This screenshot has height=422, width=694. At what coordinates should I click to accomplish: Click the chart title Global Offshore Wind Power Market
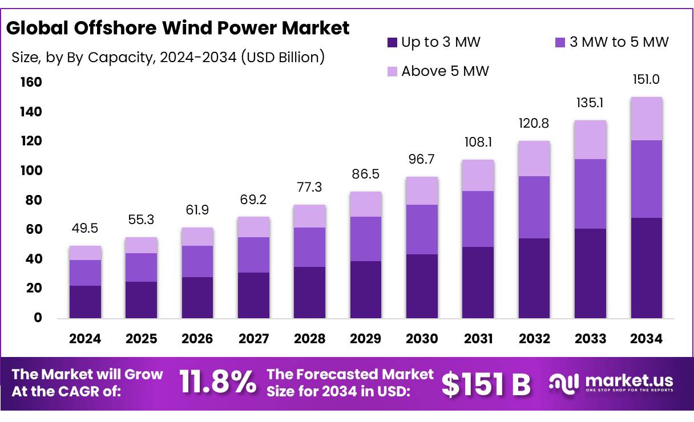pyautogui.click(x=178, y=28)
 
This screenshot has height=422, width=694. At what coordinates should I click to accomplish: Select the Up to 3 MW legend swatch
pyautogui.click(x=392, y=42)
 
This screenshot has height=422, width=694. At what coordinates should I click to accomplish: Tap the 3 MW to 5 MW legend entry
pyautogui.click(x=611, y=42)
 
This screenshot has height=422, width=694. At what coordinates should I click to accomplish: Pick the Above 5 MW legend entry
pyautogui.click(x=438, y=71)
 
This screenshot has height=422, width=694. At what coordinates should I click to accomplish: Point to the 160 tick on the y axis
pyautogui.click(x=32, y=83)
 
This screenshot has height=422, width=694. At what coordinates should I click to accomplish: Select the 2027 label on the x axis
pyautogui.click(x=253, y=339)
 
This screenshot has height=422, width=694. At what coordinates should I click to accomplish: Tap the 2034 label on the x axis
pyautogui.click(x=647, y=339)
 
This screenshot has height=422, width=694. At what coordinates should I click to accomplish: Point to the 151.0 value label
pyautogui.click(x=646, y=80)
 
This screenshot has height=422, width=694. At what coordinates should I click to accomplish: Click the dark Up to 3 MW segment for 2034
pyautogui.click(x=647, y=267)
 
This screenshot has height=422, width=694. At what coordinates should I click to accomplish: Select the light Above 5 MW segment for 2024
pyautogui.click(x=85, y=253)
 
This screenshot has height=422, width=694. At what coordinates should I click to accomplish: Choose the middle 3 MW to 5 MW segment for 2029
pyautogui.click(x=366, y=238)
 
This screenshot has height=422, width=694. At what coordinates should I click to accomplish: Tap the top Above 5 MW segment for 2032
pyautogui.click(x=534, y=159)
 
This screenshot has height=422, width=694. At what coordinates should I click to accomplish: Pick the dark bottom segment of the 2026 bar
pyautogui.click(x=197, y=297)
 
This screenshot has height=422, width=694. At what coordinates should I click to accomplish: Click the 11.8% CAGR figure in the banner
pyautogui.click(x=218, y=382)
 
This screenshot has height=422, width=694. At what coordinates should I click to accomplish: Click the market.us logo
pyautogui.click(x=611, y=382)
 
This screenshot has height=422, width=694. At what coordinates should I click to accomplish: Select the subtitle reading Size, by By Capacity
pyautogui.click(x=168, y=57)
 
